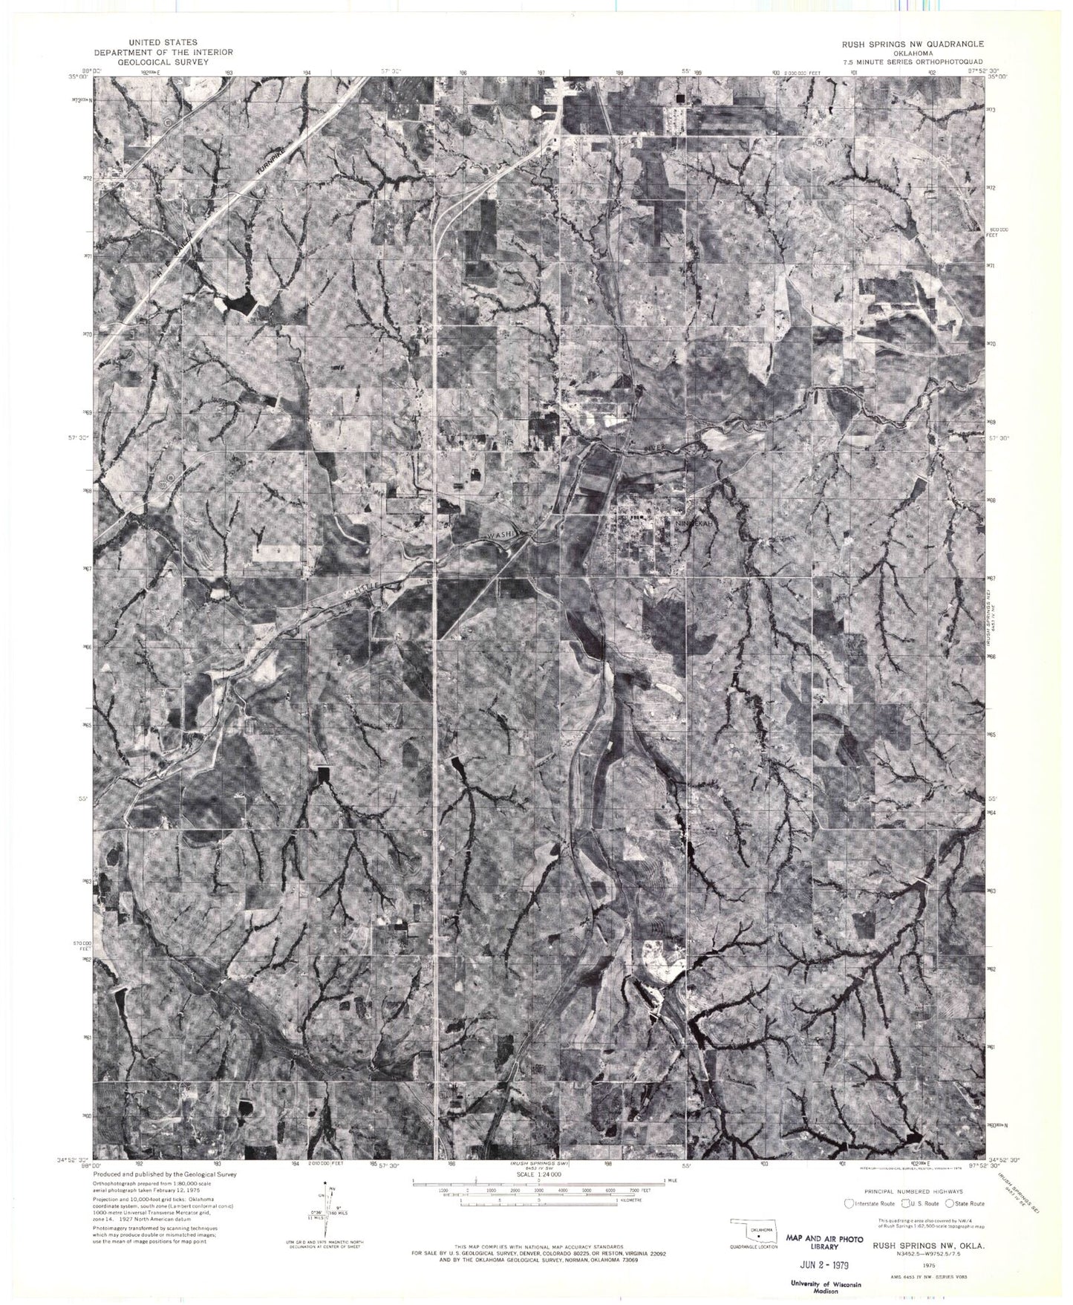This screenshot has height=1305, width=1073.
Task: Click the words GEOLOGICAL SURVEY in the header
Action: (163, 62)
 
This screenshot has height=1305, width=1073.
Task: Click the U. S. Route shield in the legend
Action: (906, 1203)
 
